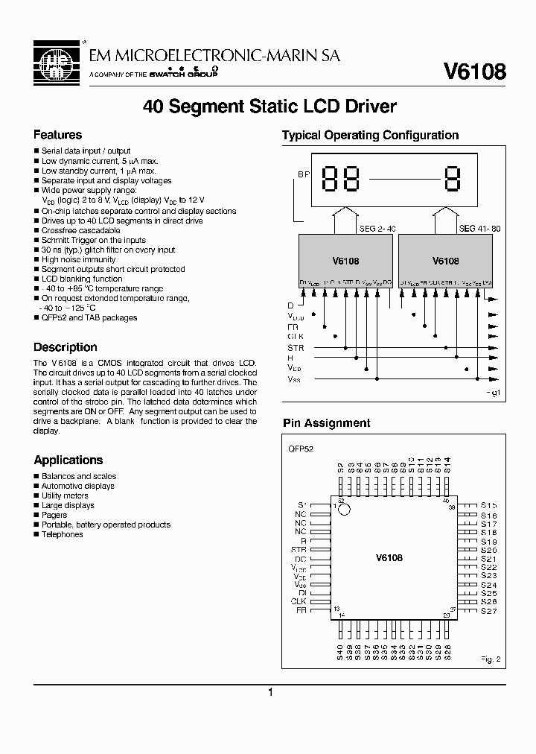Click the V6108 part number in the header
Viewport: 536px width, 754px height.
pyautogui.click(x=474, y=72)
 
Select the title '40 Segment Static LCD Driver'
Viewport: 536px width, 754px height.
pyautogui.click(x=269, y=107)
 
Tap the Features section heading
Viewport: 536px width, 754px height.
pyautogui.click(x=57, y=135)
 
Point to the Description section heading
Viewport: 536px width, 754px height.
pyautogui.click(x=66, y=347)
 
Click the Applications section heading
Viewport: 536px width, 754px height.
pyautogui.click(x=68, y=460)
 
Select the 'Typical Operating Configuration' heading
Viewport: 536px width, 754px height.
pyautogui.click(x=370, y=135)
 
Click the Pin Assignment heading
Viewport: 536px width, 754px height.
pyautogui.click(x=326, y=422)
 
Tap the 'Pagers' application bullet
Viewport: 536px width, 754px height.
pyautogui.click(x=54, y=515)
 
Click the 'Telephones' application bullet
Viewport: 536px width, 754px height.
pyautogui.click(x=62, y=534)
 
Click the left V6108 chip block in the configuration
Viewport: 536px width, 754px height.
pyautogui.click(x=345, y=262)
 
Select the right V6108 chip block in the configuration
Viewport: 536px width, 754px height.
pyautogui.click(x=445, y=262)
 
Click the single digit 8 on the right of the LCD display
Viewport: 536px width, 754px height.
pyautogui.click(x=452, y=180)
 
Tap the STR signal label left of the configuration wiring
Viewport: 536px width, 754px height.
pyautogui.click(x=296, y=348)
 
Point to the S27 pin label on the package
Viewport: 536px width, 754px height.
pyautogui.click(x=488, y=611)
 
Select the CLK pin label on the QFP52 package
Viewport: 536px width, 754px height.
pyautogui.click(x=299, y=601)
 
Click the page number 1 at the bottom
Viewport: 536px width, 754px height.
pyautogui.click(x=270, y=692)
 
